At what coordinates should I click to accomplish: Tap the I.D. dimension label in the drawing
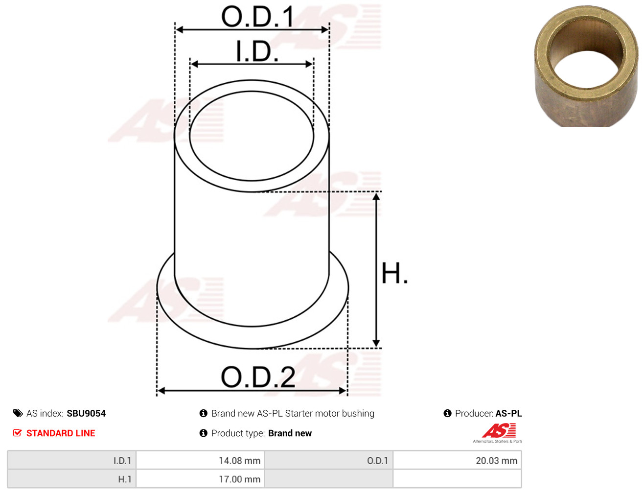256,51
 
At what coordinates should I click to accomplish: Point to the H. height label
394,273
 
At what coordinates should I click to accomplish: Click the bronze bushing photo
586,66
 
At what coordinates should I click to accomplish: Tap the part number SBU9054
86,413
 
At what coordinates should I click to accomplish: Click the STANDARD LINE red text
61,433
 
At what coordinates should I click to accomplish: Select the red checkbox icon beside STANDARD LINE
18,433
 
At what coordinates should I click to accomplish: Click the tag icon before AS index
18,413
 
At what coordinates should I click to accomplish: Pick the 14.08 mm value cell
200,460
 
